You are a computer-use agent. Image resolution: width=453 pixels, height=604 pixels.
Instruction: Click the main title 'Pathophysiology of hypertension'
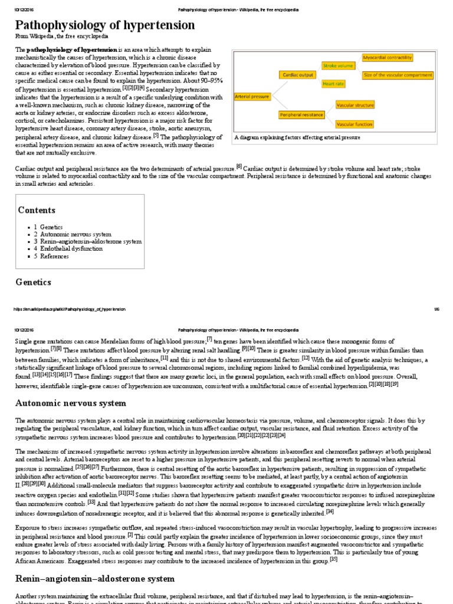pyautogui.click(x=104, y=25)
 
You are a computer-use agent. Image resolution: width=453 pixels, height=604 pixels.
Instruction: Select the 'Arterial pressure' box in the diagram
pyautogui.click(x=252, y=95)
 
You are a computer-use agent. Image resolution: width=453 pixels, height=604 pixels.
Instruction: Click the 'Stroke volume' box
pyautogui.click(x=337, y=65)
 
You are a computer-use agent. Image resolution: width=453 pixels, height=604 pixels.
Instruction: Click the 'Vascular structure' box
pyautogui.click(x=354, y=104)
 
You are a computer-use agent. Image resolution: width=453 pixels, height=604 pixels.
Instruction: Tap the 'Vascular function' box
pyautogui.click(x=354, y=124)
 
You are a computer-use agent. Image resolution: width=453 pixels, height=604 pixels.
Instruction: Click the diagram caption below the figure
pyautogui.click(x=297, y=137)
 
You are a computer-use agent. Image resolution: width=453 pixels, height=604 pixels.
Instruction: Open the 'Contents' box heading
pyautogui.click(x=37, y=211)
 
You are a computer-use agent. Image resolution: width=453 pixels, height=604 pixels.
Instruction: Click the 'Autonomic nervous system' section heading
pyautogui.click(x=70, y=403)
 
